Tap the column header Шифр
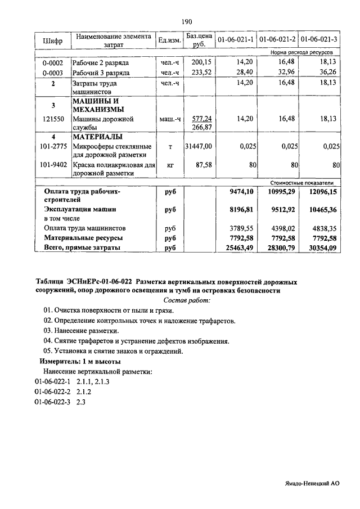pos(53,40)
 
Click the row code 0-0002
pos(53,62)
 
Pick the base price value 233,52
pos(201,73)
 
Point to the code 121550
pos(53,119)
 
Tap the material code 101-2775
pos(53,146)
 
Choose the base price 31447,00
pos(199,146)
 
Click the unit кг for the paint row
pos(168,166)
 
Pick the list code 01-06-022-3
pos(52,402)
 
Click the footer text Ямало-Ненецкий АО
pos(311,483)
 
